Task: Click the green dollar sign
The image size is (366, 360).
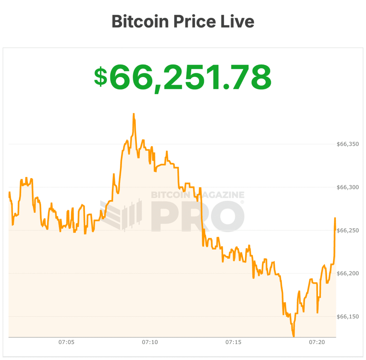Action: pyautogui.click(x=100, y=77)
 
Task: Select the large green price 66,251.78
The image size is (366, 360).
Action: pyautogui.click(x=190, y=77)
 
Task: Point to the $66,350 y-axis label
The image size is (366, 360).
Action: pyautogui.click(x=348, y=144)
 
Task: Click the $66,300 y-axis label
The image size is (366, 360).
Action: pyautogui.click(x=348, y=187)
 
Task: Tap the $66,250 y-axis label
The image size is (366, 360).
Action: pyautogui.click(x=348, y=231)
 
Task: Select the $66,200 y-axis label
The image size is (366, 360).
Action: pyautogui.click(x=348, y=274)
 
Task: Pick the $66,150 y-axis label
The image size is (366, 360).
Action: pyautogui.click(x=348, y=317)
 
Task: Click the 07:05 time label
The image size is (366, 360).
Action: pyautogui.click(x=66, y=342)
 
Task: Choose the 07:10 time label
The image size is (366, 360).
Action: pyautogui.click(x=150, y=342)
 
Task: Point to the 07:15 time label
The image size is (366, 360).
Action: pyautogui.click(x=233, y=342)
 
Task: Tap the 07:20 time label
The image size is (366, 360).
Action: pyautogui.click(x=317, y=342)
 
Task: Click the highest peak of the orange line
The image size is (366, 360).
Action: pyautogui.click(x=134, y=114)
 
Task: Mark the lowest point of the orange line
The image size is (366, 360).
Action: pyautogui.click(x=294, y=336)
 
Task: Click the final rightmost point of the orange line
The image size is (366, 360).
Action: pyautogui.click(x=335, y=218)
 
